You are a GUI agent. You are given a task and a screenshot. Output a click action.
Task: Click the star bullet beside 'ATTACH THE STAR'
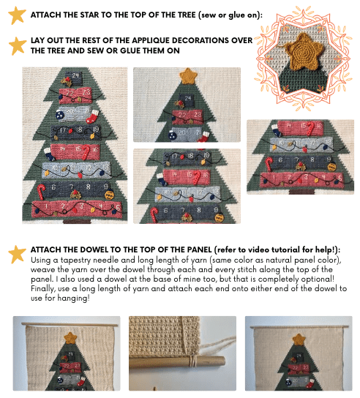[17, 15]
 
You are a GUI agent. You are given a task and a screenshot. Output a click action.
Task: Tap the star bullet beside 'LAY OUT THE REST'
[17, 45]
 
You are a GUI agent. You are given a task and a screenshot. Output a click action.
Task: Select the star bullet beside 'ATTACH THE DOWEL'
[17, 254]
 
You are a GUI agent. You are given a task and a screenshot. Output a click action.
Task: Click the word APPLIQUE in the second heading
[168, 40]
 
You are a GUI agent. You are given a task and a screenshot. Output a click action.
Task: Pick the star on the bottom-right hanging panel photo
[298, 339]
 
